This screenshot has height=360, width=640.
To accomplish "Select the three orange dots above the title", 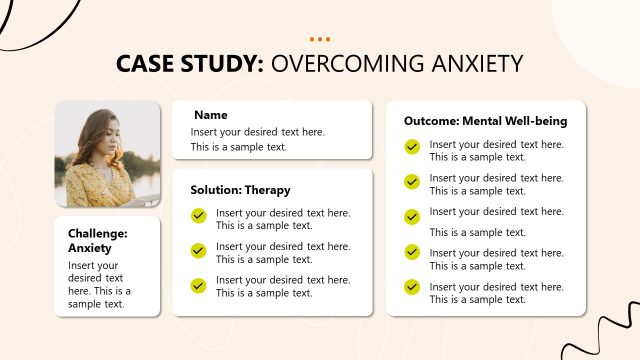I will point(320,39).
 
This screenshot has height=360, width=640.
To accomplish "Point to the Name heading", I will point(210,115).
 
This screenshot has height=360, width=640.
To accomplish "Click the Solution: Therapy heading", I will point(240,190).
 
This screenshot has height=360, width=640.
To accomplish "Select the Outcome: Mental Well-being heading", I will point(485,121).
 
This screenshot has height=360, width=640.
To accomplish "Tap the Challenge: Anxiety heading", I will point(98,240).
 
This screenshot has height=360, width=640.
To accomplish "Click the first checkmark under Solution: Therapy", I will point(198,215).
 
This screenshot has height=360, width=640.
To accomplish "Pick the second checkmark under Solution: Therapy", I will point(198,250).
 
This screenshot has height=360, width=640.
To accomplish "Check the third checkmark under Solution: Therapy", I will point(198,285).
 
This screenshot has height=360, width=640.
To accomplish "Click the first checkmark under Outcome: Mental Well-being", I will point(412,147).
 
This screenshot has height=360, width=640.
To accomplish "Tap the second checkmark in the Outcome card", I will point(412,181).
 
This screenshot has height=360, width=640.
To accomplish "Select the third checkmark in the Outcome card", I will point(412,216).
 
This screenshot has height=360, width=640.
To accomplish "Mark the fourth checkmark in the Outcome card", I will point(412,252).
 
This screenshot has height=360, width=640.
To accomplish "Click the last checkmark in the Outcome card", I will point(412,287).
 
